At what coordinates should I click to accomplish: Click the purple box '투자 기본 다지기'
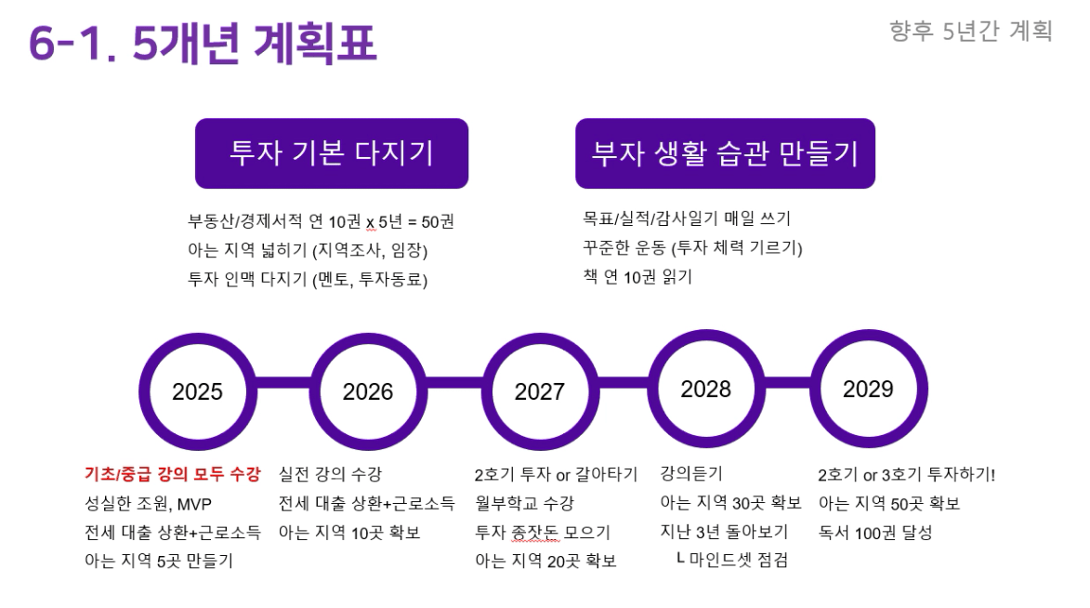332,153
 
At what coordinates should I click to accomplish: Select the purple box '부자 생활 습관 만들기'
725,153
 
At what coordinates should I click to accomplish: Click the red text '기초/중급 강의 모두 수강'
173,474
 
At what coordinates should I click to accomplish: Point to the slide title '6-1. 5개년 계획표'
203,42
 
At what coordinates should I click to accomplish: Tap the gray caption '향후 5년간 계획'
971,32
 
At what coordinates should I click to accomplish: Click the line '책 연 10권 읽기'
637,277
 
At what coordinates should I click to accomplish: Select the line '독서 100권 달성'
875,533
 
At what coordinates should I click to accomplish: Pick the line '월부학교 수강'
525,503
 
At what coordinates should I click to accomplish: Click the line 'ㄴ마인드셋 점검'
732,560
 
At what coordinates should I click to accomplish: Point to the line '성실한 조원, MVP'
148,504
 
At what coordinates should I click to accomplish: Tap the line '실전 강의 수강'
330,474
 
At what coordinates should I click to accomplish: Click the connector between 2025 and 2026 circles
282,383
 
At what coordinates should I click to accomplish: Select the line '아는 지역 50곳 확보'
889,504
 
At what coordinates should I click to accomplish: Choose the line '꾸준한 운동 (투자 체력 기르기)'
692,247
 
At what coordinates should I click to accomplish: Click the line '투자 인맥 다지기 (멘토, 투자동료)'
308,280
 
